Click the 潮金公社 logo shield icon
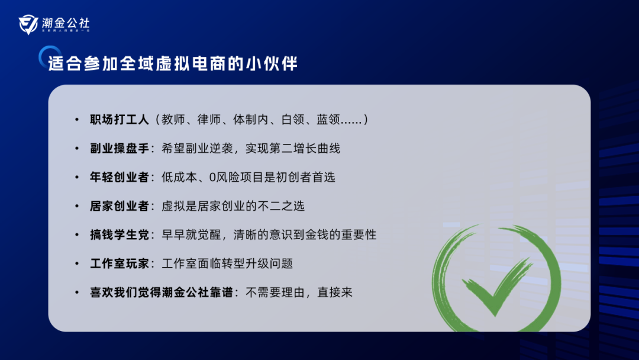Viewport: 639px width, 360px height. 28,25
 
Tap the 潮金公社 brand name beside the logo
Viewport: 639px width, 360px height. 66,23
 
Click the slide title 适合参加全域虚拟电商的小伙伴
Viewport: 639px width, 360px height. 173,63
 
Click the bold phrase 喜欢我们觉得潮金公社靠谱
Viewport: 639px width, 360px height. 158,292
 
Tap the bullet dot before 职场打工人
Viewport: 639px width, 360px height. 76,120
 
